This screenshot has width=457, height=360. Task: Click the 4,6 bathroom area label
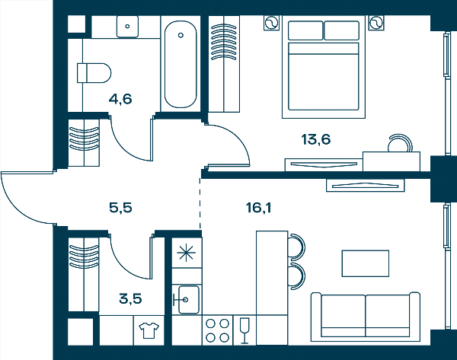pyautogui.click(x=120, y=99)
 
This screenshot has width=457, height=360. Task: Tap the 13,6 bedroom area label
pyautogui.click(x=316, y=139)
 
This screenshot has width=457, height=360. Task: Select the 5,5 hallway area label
pyautogui.click(x=120, y=208)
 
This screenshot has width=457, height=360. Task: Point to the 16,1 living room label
pyautogui.click(x=258, y=208)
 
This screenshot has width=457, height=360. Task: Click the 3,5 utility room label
pyautogui.click(x=130, y=299)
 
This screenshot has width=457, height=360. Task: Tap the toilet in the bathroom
pyautogui.click(x=94, y=73)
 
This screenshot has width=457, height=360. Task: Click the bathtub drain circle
pyautogui.click(x=181, y=35)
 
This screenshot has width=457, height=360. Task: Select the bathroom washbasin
pyautogui.click(x=127, y=27)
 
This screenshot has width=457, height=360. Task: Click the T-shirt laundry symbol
pyautogui.click(x=149, y=330)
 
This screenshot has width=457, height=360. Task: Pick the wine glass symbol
pyautogui.click(x=244, y=330)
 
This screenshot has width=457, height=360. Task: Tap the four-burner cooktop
pyautogui.click(x=217, y=330)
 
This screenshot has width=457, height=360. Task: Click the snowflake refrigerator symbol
pyautogui.click(x=187, y=253)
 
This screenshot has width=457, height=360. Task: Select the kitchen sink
pyautogui.click(x=188, y=299)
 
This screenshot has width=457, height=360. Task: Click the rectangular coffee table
pyautogui.click(x=365, y=263)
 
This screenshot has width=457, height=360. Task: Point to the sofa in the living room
pyautogui.click(x=366, y=317)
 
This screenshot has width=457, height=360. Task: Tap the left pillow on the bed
pyautogui.click(x=305, y=30)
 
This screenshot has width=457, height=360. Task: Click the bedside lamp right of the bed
pyautogui.click(x=376, y=23)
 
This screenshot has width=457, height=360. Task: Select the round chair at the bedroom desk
pyautogui.click(x=400, y=143)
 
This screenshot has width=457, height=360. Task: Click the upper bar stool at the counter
pyautogui.click(x=296, y=247)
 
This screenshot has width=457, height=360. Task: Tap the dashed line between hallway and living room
pyautogui.click(x=200, y=203)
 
